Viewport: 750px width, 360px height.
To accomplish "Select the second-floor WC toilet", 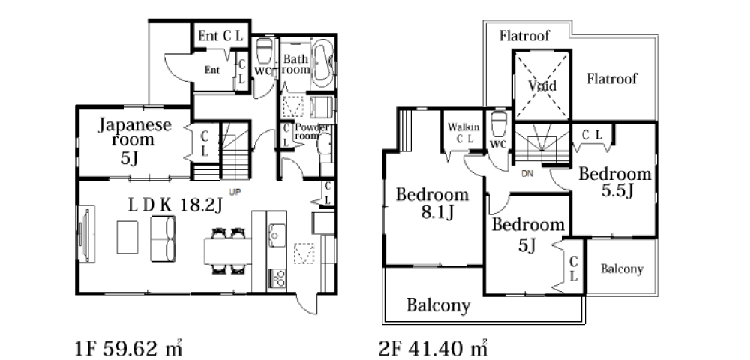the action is (x=499, y=124).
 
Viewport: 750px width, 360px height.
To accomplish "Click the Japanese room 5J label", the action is (x=134, y=141).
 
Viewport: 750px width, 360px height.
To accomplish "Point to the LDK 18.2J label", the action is (x=175, y=205).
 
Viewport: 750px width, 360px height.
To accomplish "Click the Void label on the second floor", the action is (x=542, y=86).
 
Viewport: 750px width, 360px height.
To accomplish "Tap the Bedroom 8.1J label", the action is (x=432, y=203).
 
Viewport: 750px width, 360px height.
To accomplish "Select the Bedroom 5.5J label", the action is (x=615, y=181).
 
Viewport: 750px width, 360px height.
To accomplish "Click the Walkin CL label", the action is (x=463, y=133).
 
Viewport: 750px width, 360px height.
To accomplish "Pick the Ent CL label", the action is (x=220, y=36).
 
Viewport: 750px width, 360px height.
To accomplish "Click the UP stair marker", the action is (x=235, y=192).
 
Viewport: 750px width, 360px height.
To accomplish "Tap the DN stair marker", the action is (x=526, y=175).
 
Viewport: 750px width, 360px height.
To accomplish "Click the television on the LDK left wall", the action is (x=86, y=234).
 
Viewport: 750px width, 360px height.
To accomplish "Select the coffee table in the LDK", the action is (x=127, y=237).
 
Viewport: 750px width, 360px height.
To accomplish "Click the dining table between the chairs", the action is (x=228, y=251).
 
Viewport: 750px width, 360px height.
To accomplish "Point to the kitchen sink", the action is (x=277, y=235).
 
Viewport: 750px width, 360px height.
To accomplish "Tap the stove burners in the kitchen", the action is (x=278, y=277).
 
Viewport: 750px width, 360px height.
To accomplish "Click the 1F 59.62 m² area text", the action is (x=129, y=348).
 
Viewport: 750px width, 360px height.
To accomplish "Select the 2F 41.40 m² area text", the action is (x=433, y=348).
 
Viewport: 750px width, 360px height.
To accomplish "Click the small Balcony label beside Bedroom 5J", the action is (x=622, y=269).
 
